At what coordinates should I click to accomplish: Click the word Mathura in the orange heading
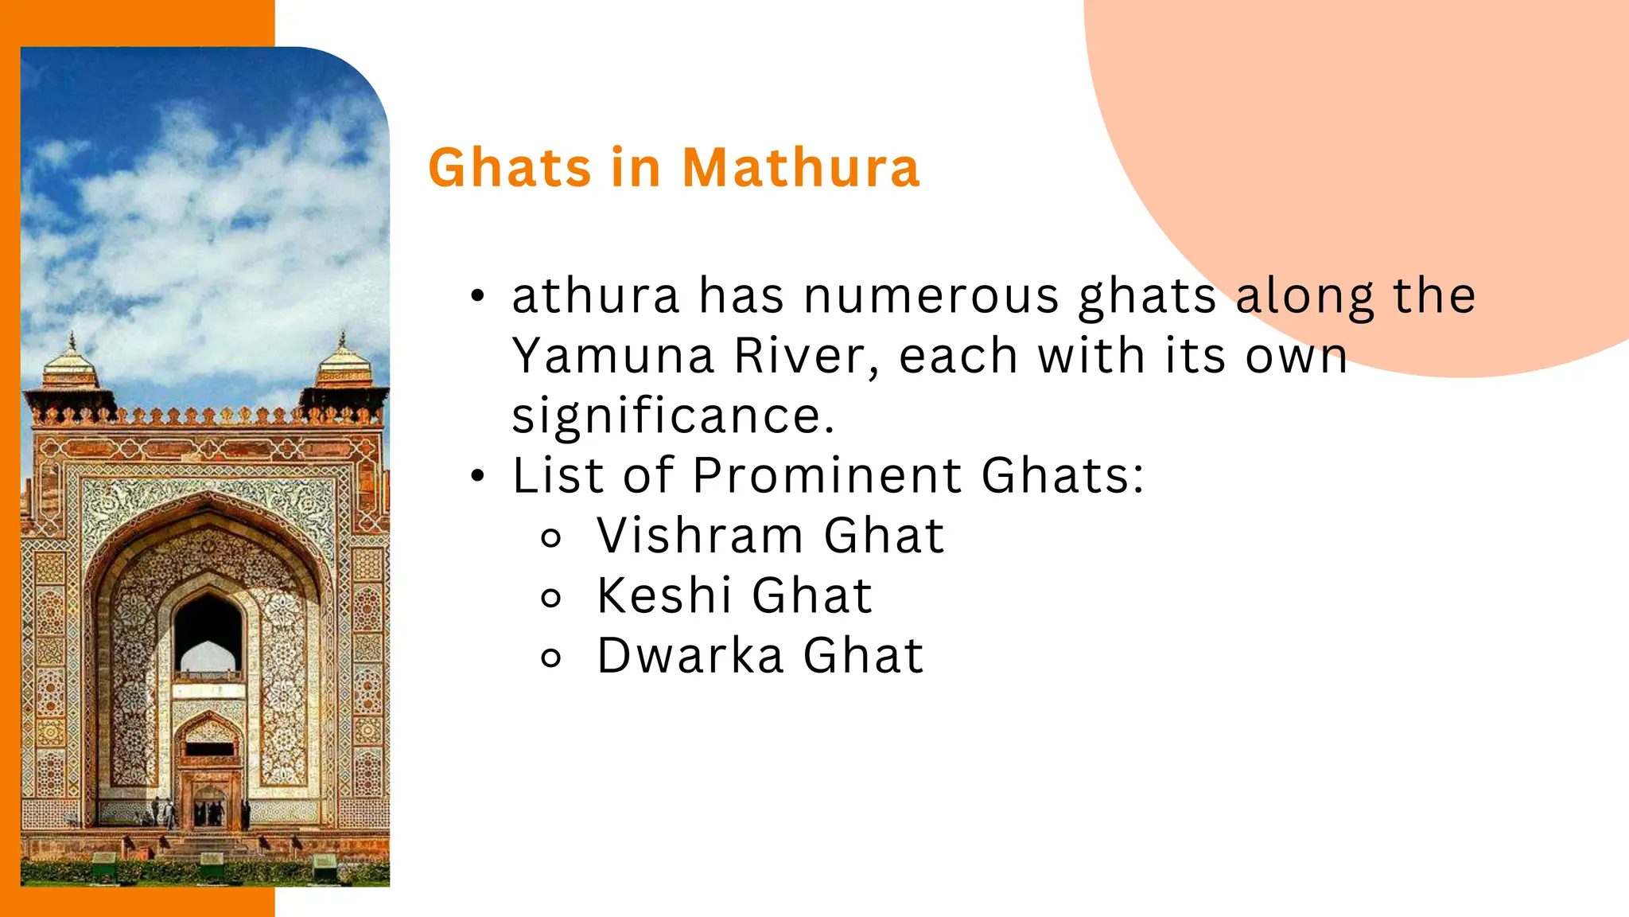pyautogui.click(x=800, y=168)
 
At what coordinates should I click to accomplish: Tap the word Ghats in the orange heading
pyautogui.click(x=510, y=168)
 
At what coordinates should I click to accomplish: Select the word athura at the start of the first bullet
pyautogui.click(x=596, y=296)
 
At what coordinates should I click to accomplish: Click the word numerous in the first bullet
pyautogui.click(x=931, y=296)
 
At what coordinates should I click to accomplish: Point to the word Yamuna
pyautogui.click(x=612, y=356)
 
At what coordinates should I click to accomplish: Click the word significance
pyautogui.click(x=673, y=416)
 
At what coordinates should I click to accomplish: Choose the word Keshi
pyautogui.click(x=664, y=595)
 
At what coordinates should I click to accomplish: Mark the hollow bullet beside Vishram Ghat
pyautogui.click(x=550, y=537)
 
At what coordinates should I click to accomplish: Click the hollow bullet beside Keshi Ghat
pyautogui.click(x=550, y=598)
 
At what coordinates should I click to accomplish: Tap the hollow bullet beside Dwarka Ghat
pyautogui.click(x=550, y=658)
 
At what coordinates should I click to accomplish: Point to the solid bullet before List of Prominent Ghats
pyautogui.click(x=477, y=477)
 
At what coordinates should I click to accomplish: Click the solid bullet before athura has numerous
pyautogui.click(x=477, y=297)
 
